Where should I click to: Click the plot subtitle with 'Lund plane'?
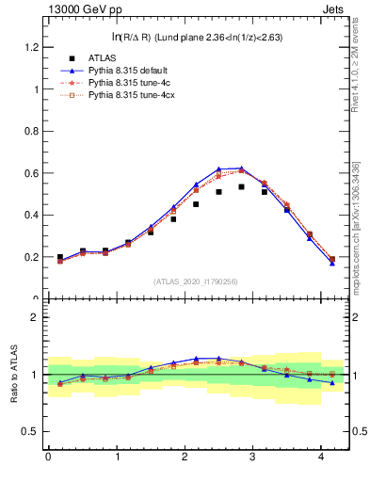pos(198,37)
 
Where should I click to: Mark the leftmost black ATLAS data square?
pos(60,257)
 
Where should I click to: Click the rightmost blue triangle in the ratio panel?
pos(332,382)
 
